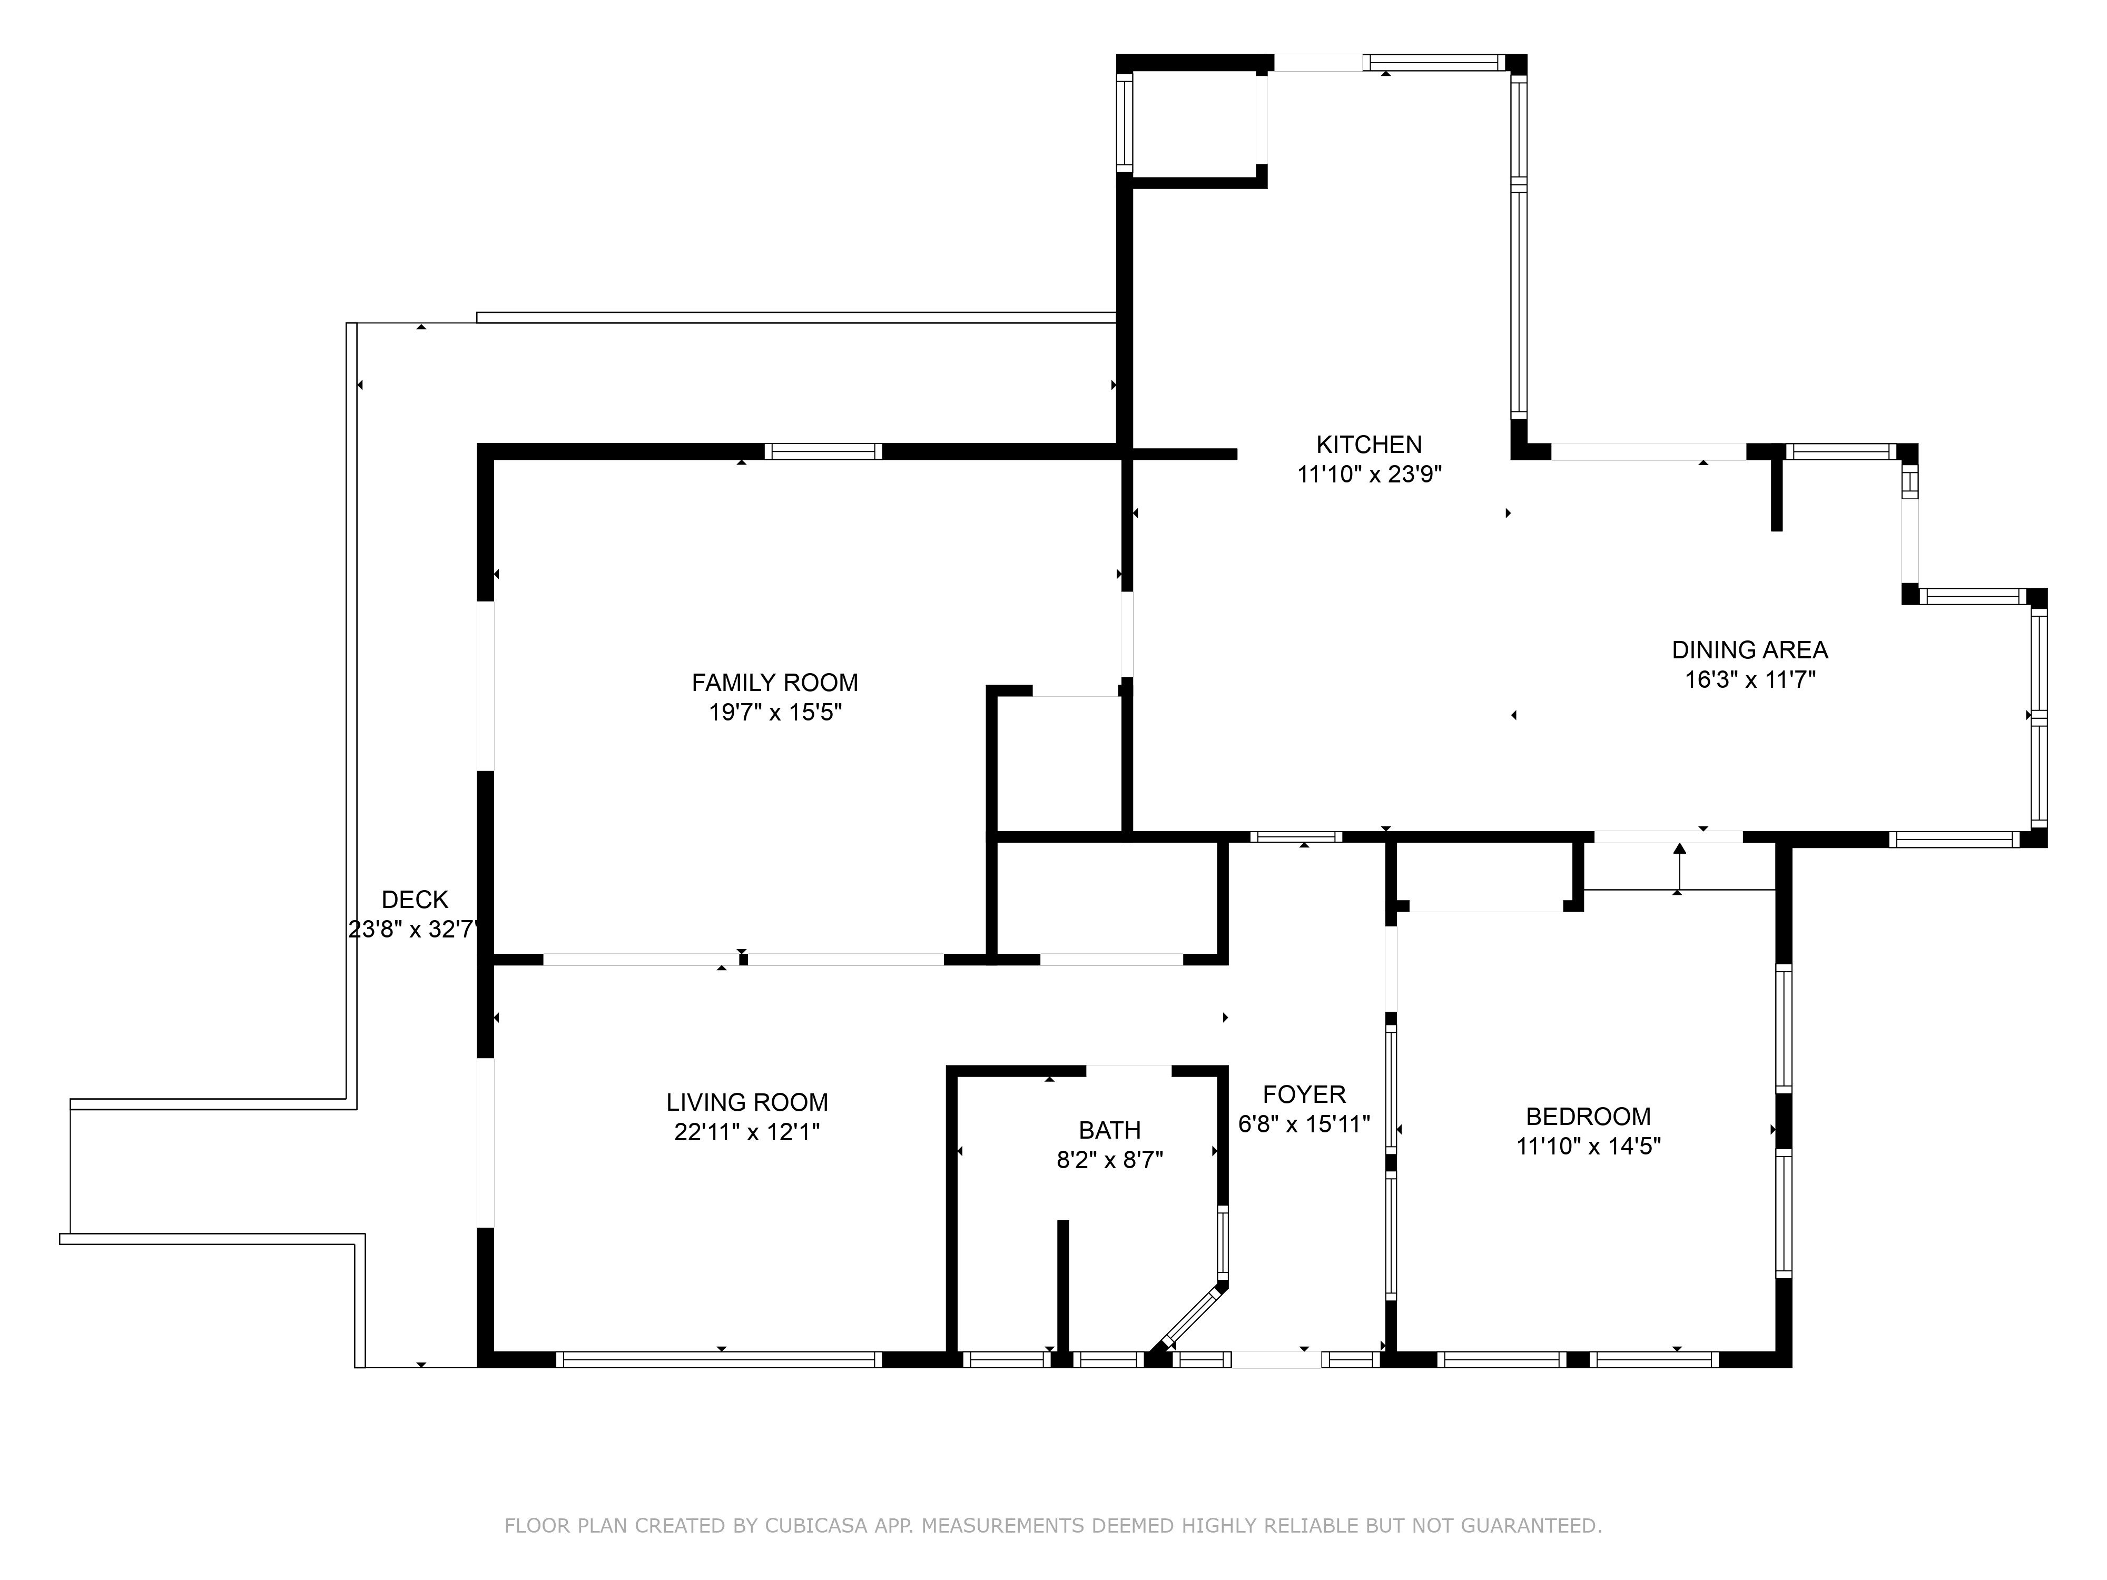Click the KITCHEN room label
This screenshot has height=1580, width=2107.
1369,444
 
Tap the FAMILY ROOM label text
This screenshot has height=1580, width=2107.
774,683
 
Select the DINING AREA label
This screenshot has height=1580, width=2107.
1750,650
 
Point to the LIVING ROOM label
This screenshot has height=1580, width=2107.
747,1103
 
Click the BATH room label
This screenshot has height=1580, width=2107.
1110,1130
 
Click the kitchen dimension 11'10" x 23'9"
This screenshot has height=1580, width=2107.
1370,475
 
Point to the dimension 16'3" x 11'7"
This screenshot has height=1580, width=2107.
1750,680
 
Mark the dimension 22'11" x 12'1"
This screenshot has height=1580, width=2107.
747,1132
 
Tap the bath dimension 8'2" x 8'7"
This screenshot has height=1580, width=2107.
1110,1160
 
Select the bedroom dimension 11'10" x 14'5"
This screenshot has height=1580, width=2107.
1588,1145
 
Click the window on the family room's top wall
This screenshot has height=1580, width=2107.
823,451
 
